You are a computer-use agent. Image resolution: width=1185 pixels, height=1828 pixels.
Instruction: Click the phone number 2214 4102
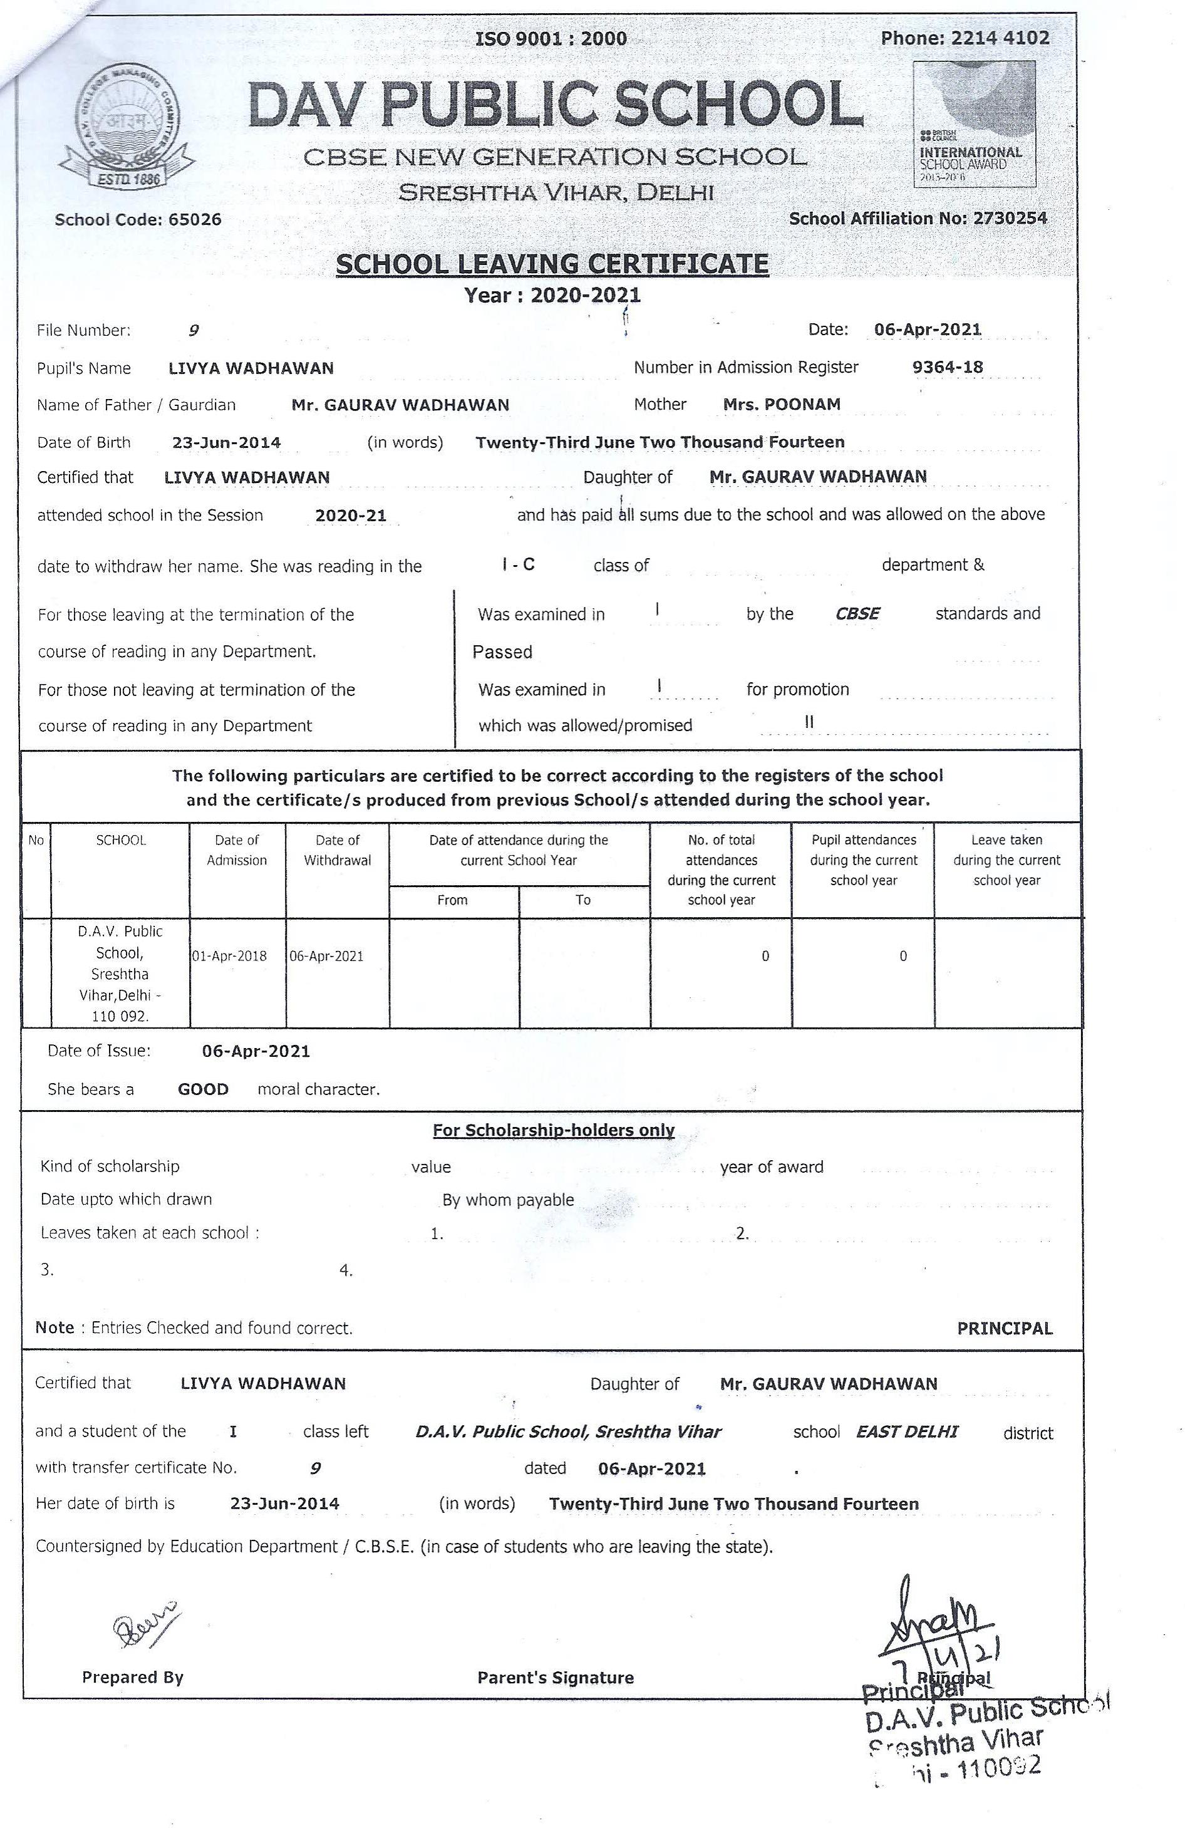pos(999,38)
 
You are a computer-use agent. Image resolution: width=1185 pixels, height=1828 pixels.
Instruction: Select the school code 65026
pos(194,220)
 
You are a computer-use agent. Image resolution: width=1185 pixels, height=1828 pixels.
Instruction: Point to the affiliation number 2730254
pos(1009,218)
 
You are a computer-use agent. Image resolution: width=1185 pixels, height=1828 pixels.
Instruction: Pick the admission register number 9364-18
pos(947,367)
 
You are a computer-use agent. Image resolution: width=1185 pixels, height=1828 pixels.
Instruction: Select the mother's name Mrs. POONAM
pos(781,404)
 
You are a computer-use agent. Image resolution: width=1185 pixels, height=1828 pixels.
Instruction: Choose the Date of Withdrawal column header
pos(337,850)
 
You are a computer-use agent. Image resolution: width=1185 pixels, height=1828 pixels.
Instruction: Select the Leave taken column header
pos(1006,860)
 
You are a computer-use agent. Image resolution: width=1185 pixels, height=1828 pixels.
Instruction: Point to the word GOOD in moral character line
pos(203,1089)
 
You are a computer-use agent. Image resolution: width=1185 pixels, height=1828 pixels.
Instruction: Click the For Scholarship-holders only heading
pos(553,1130)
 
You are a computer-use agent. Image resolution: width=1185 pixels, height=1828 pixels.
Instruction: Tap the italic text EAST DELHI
pos(906,1431)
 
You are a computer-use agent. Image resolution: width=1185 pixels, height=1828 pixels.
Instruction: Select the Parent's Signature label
pos(556,1678)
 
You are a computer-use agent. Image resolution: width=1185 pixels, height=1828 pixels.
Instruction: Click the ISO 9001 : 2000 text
pos(551,38)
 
